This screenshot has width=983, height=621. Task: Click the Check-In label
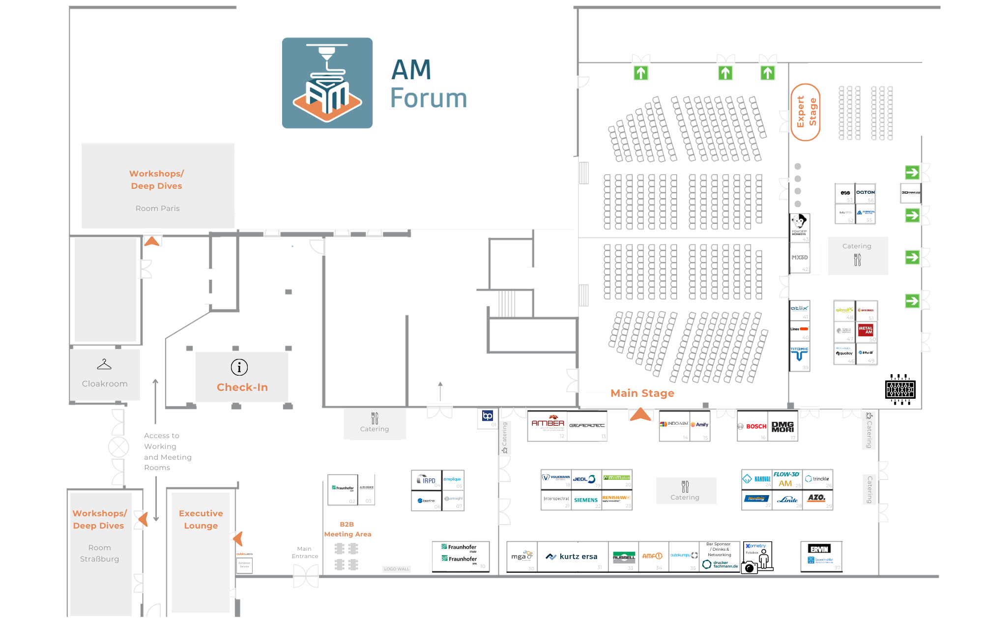click(242, 387)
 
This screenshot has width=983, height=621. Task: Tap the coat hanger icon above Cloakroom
click(104, 364)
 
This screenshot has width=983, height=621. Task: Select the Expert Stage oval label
click(806, 112)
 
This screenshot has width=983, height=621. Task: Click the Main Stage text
click(642, 393)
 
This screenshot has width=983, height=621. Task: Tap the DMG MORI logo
click(782, 426)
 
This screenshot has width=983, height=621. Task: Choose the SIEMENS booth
click(586, 500)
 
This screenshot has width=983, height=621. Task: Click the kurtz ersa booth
click(573, 557)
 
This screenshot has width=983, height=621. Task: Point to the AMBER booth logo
click(548, 424)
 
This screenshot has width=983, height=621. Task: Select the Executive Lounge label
click(201, 519)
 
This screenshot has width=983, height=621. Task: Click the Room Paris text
click(157, 208)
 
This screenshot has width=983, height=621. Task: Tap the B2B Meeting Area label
click(347, 529)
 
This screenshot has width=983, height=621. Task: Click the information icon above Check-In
click(239, 367)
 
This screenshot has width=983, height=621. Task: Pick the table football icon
click(900, 389)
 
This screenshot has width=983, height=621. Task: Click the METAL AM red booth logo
click(866, 330)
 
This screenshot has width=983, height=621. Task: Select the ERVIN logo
click(820, 549)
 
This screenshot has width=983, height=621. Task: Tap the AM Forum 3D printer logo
click(327, 83)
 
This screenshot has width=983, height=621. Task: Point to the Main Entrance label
click(305, 552)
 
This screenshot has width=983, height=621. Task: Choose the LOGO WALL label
click(397, 569)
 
